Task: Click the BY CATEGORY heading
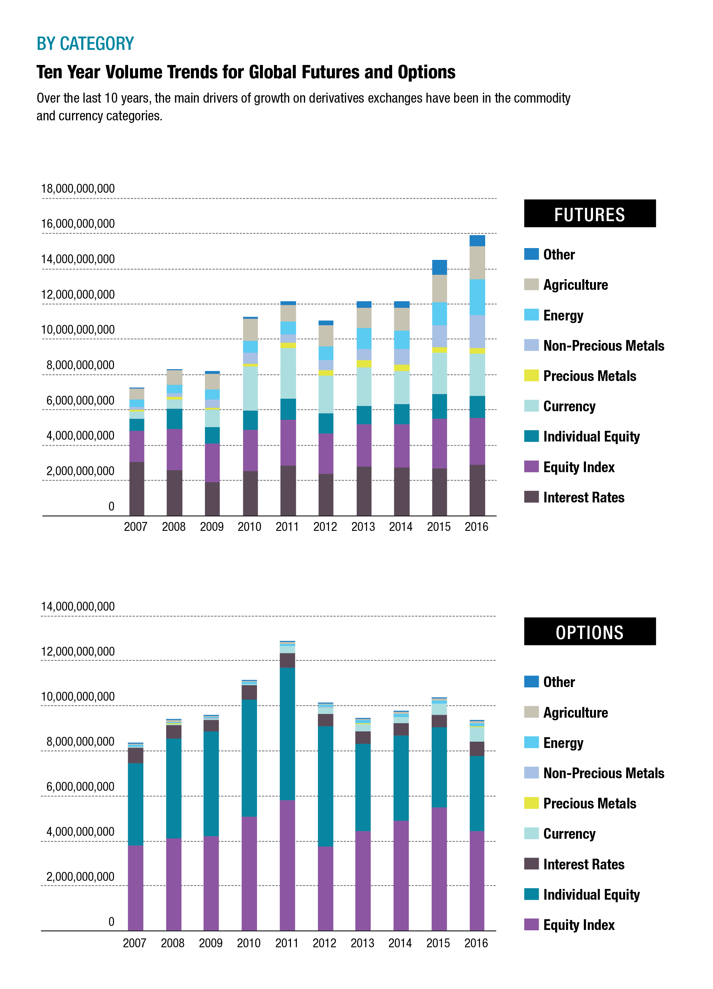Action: tap(85, 44)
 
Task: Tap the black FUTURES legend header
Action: tap(589, 214)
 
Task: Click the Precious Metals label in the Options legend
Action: tap(589, 803)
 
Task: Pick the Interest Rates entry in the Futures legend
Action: tap(583, 497)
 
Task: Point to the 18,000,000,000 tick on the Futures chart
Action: tap(78, 189)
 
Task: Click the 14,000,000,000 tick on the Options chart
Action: tap(78, 607)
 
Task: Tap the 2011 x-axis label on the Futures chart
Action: tap(287, 527)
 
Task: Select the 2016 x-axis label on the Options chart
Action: tap(476, 943)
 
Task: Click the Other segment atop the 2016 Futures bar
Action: tap(477, 241)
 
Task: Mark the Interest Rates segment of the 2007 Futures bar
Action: tap(137, 488)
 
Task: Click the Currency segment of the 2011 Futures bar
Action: tap(288, 373)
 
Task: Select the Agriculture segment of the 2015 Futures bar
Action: tap(439, 288)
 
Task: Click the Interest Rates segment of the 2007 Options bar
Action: tap(135, 755)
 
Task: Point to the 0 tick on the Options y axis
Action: tap(111, 921)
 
